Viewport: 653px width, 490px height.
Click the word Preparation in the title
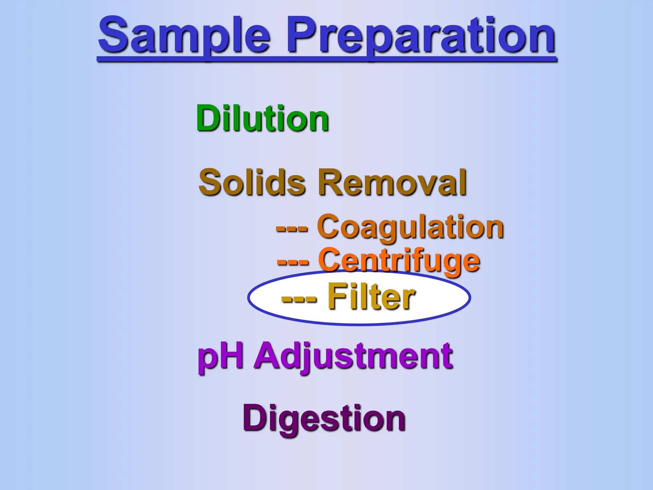(x=421, y=36)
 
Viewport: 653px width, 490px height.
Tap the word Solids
(x=252, y=182)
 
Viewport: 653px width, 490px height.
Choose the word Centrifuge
(x=399, y=261)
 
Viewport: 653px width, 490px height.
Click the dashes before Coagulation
(x=292, y=228)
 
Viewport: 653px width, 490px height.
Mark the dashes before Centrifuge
(x=293, y=262)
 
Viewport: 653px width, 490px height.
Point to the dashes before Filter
(x=299, y=299)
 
